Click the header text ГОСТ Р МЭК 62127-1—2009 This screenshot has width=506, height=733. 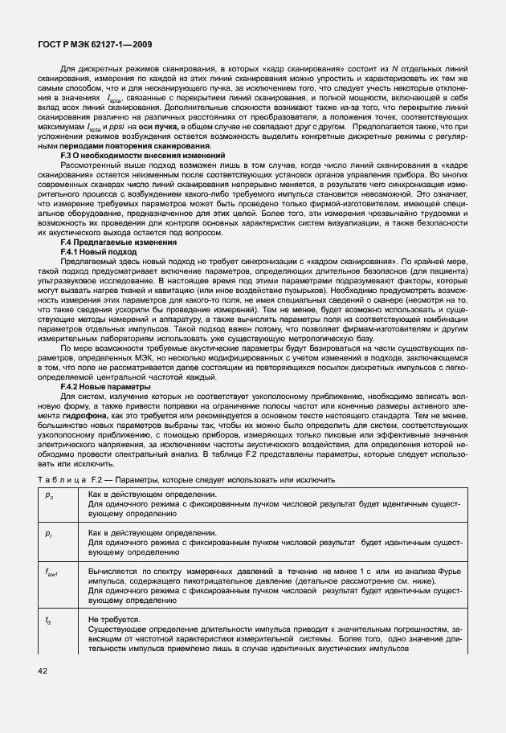coord(93,46)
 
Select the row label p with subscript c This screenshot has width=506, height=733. coord(50,495)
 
